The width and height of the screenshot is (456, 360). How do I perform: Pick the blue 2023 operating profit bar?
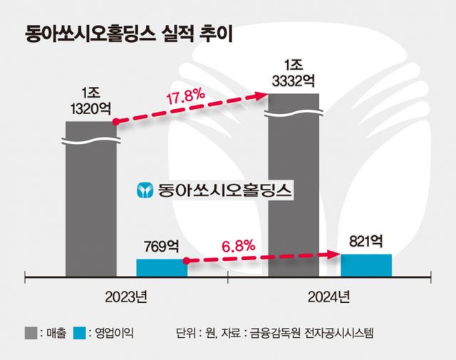161,267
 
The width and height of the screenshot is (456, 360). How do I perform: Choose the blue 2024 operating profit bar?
366,264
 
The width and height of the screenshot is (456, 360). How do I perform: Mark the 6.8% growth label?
239,246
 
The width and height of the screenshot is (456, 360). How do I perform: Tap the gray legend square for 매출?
32,333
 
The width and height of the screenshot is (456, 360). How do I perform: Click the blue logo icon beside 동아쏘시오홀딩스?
145,190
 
